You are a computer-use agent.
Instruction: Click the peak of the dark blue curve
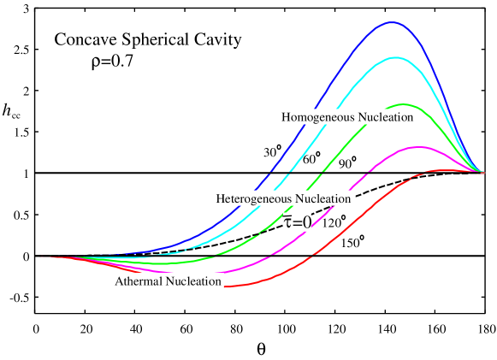[393, 23]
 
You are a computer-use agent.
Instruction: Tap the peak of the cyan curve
[394, 58]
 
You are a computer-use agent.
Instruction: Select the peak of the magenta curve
[416, 148]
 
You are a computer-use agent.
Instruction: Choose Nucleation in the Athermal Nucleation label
[194, 280]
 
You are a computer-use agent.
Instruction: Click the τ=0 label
[297, 223]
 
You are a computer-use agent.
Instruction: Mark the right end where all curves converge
[483, 172]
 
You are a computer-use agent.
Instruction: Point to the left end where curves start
[40, 256]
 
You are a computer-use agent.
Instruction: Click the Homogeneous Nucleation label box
[349, 117]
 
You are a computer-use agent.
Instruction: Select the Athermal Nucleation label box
[169, 280]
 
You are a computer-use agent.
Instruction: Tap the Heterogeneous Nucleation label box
[284, 198]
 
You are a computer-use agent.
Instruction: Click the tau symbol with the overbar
[288, 223]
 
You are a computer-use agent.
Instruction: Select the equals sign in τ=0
[297, 224]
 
